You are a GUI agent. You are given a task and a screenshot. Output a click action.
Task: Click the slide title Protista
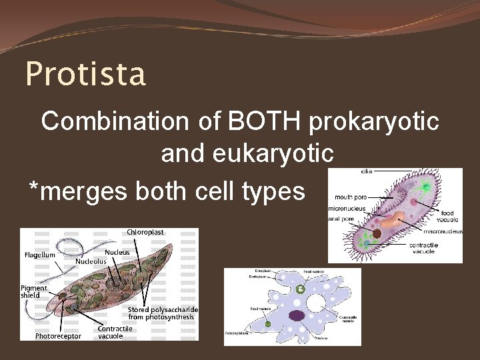[x=85, y=74]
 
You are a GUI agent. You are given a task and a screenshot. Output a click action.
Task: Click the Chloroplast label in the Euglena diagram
[x=145, y=232]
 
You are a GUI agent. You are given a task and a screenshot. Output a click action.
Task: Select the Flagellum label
[x=40, y=255]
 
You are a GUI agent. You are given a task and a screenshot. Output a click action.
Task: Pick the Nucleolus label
[x=91, y=262]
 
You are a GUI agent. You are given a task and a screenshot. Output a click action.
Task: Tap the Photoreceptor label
[x=58, y=336]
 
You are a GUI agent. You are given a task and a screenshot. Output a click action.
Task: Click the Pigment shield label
[x=34, y=291]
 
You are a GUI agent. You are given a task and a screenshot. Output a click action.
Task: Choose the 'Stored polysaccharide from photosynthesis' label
[x=162, y=313]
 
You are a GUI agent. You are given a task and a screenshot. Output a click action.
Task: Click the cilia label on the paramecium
[x=367, y=171]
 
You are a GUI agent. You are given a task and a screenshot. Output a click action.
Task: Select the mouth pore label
[x=351, y=197]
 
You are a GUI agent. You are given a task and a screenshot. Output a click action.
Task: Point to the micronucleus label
[x=346, y=209]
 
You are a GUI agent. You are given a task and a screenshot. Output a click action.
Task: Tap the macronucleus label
[x=443, y=232]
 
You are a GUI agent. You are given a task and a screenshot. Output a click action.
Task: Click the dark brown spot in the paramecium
[x=377, y=234]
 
